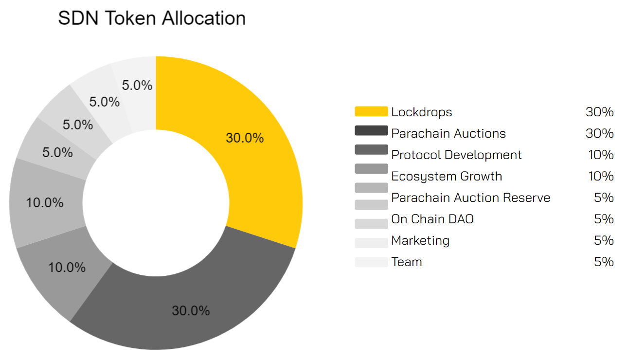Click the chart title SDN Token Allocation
152,18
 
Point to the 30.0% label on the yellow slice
245,138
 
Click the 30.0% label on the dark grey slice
191,311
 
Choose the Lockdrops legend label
422,112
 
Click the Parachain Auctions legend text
448,133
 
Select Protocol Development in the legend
456,155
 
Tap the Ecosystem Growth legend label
447,176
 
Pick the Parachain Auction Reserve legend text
471,198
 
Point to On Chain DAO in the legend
432,219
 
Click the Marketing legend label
420,240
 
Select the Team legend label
407,262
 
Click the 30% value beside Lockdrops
599,112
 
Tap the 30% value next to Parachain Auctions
599,133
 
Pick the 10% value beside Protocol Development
601,155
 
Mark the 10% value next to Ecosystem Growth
601,176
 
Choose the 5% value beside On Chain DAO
604,219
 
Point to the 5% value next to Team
604,262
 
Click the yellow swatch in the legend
371,111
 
